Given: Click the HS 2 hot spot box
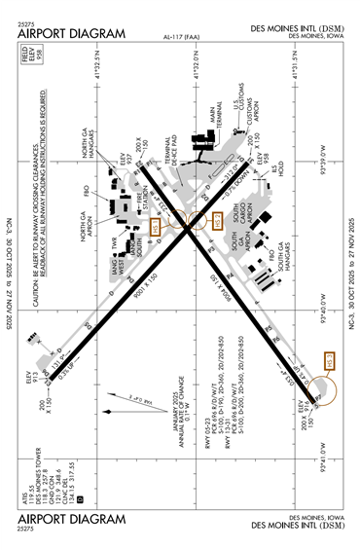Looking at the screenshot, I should click(219, 221).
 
